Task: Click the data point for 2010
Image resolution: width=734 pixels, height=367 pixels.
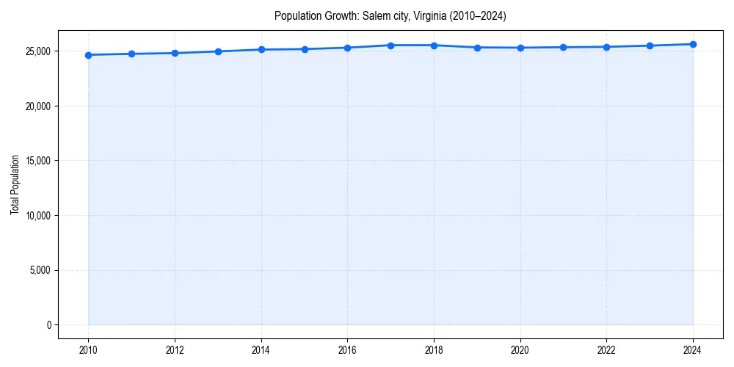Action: click(x=88, y=55)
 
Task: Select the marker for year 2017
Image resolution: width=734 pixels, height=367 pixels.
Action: click(x=390, y=46)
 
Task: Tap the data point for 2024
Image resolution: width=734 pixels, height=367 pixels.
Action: click(x=693, y=44)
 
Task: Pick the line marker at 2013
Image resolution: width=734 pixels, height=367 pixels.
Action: click(x=218, y=51)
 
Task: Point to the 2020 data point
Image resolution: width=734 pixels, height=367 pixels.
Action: click(x=520, y=48)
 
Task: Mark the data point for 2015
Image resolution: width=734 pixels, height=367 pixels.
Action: click(x=305, y=49)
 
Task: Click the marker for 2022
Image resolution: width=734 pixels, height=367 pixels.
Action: click(x=606, y=47)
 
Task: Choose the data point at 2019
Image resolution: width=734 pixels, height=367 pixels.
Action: click(x=477, y=48)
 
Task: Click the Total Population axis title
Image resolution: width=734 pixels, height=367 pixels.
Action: click(x=15, y=185)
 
